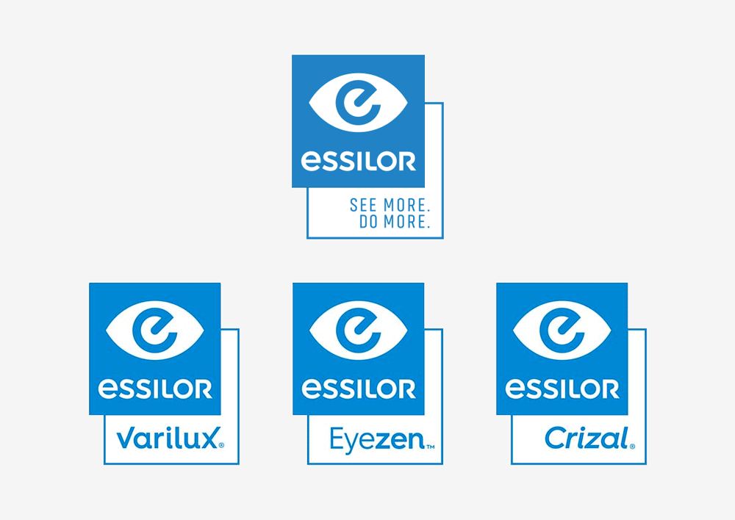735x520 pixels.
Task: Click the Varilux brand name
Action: click(x=168, y=438)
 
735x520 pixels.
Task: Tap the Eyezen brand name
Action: click(x=377, y=440)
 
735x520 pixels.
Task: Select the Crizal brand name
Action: click(x=587, y=438)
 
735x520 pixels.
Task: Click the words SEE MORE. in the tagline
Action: click(x=390, y=205)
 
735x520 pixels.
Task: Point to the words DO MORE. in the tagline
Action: click(x=395, y=222)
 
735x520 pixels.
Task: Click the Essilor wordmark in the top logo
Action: click(x=358, y=161)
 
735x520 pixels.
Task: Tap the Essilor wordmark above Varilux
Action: click(x=155, y=389)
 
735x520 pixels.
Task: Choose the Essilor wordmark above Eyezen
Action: click(x=359, y=389)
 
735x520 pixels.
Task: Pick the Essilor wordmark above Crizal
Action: click(x=562, y=389)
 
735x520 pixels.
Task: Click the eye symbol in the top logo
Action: click(x=358, y=102)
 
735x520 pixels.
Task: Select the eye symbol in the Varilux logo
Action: click(x=155, y=331)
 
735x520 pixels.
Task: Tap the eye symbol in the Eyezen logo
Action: click(x=359, y=331)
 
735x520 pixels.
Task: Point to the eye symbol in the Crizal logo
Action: click(x=562, y=331)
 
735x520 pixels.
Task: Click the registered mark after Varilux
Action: click(x=222, y=445)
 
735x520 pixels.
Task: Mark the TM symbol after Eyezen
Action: click(x=430, y=447)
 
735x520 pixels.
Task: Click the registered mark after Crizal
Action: click(x=632, y=447)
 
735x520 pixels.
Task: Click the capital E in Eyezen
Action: click(x=337, y=438)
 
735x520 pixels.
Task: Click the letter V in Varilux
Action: click(x=125, y=439)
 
